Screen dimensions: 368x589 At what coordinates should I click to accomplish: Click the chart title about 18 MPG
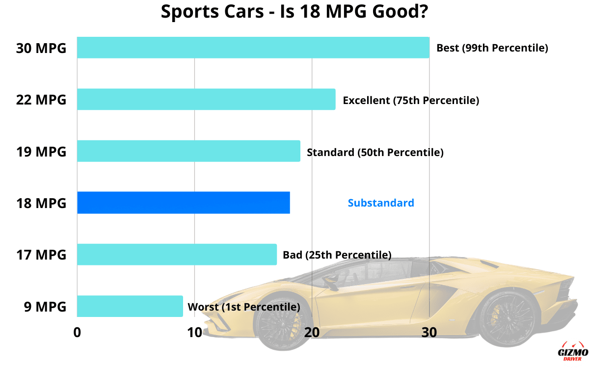point(294,12)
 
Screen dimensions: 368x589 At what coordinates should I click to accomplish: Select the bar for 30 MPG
point(253,48)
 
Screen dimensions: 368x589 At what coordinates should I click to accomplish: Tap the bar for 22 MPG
point(206,99)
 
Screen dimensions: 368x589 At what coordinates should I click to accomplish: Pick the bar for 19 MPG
point(188,151)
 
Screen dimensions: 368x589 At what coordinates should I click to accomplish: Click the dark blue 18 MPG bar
point(183,203)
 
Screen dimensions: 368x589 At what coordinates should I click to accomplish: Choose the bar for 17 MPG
point(177,255)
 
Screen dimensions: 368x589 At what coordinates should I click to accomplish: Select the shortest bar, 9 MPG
point(130,306)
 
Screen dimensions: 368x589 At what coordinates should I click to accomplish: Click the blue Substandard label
point(381,203)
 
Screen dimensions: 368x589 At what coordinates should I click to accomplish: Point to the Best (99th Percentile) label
point(492,48)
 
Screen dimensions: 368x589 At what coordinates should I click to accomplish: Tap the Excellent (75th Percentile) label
point(411,100)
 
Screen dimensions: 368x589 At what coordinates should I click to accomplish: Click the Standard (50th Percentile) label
point(375,152)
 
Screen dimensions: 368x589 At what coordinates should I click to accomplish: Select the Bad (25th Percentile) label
point(337,255)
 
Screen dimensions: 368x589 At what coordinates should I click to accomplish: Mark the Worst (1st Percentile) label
point(243,307)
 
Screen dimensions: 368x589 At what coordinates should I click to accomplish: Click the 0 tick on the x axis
point(77,332)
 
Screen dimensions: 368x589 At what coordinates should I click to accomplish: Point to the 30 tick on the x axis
point(429,332)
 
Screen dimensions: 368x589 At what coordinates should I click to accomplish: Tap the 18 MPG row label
point(41,203)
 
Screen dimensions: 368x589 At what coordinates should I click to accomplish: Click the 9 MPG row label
point(45,307)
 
